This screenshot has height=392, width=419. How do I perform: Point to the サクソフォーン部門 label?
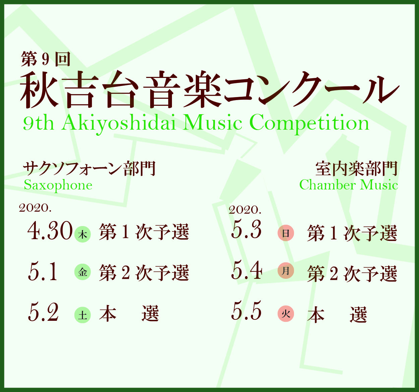[x=89, y=169]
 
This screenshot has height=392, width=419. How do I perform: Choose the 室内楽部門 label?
[x=356, y=169]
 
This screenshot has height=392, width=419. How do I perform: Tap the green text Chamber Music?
[x=349, y=185]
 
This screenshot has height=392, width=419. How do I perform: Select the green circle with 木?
[x=82, y=234]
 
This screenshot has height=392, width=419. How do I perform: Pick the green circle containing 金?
[x=82, y=272]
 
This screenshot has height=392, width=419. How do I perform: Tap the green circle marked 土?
[x=82, y=315]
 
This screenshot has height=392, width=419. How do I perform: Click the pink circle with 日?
[x=286, y=233]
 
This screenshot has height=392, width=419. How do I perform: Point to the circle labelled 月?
[x=286, y=270]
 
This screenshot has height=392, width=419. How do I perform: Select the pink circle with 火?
[x=286, y=314]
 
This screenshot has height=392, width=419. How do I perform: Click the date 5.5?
[x=246, y=310]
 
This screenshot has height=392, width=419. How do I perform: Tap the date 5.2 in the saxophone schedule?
[x=43, y=312]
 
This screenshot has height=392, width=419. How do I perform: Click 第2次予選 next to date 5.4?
[x=352, y=274]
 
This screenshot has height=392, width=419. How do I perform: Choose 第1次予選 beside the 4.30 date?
[x=144, y=232]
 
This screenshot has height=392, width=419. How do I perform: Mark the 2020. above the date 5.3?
[x=245, y=210]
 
